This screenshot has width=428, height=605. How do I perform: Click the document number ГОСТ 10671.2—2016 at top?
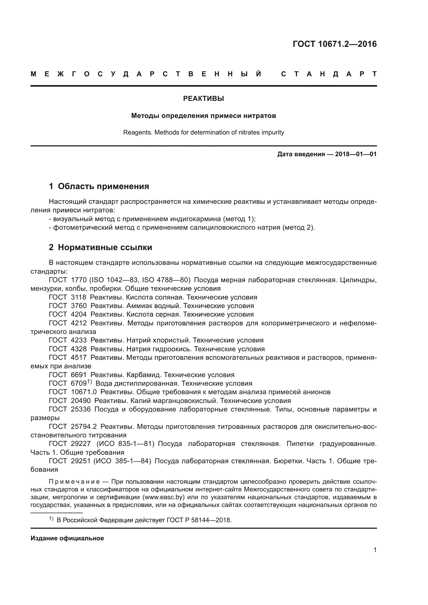tap(334, 44)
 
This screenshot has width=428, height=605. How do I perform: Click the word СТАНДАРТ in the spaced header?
tap(329, 74)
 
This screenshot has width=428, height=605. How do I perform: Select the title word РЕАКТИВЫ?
tap(203, 99)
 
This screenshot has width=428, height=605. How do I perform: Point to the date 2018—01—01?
tap(356, 154)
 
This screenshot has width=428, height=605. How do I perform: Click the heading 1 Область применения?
tap(99, 186)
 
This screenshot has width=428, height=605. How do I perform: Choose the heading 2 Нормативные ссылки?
tap(100, 248)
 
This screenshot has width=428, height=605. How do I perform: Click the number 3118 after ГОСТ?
tap(79, 297)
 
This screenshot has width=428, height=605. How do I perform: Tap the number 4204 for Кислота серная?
tap(79, 314)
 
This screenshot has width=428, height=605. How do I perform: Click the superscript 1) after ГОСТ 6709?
tap(89, 382)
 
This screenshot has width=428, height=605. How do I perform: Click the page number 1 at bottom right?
tap(375, 550)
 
